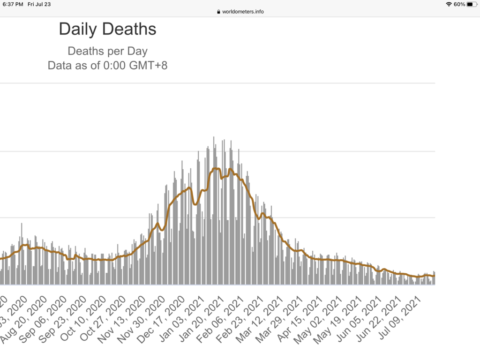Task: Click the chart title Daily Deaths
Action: pyautogui.click(x=107, y=29)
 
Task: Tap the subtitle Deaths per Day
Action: pyautogui.click(x=107, y=51)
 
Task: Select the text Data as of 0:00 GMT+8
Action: pyautogui.click(x=107, y=65)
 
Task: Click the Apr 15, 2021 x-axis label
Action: pyautogui.click(x=302, y=318)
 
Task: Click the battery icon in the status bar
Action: pyautogui.click(x=471, y=4)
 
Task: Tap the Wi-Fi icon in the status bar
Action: pyautogui.click(x=449, y=4)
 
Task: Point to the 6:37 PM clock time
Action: pyautogui.click(x=13, y=4)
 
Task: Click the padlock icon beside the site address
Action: pyautogui.click(x=218, y=12)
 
